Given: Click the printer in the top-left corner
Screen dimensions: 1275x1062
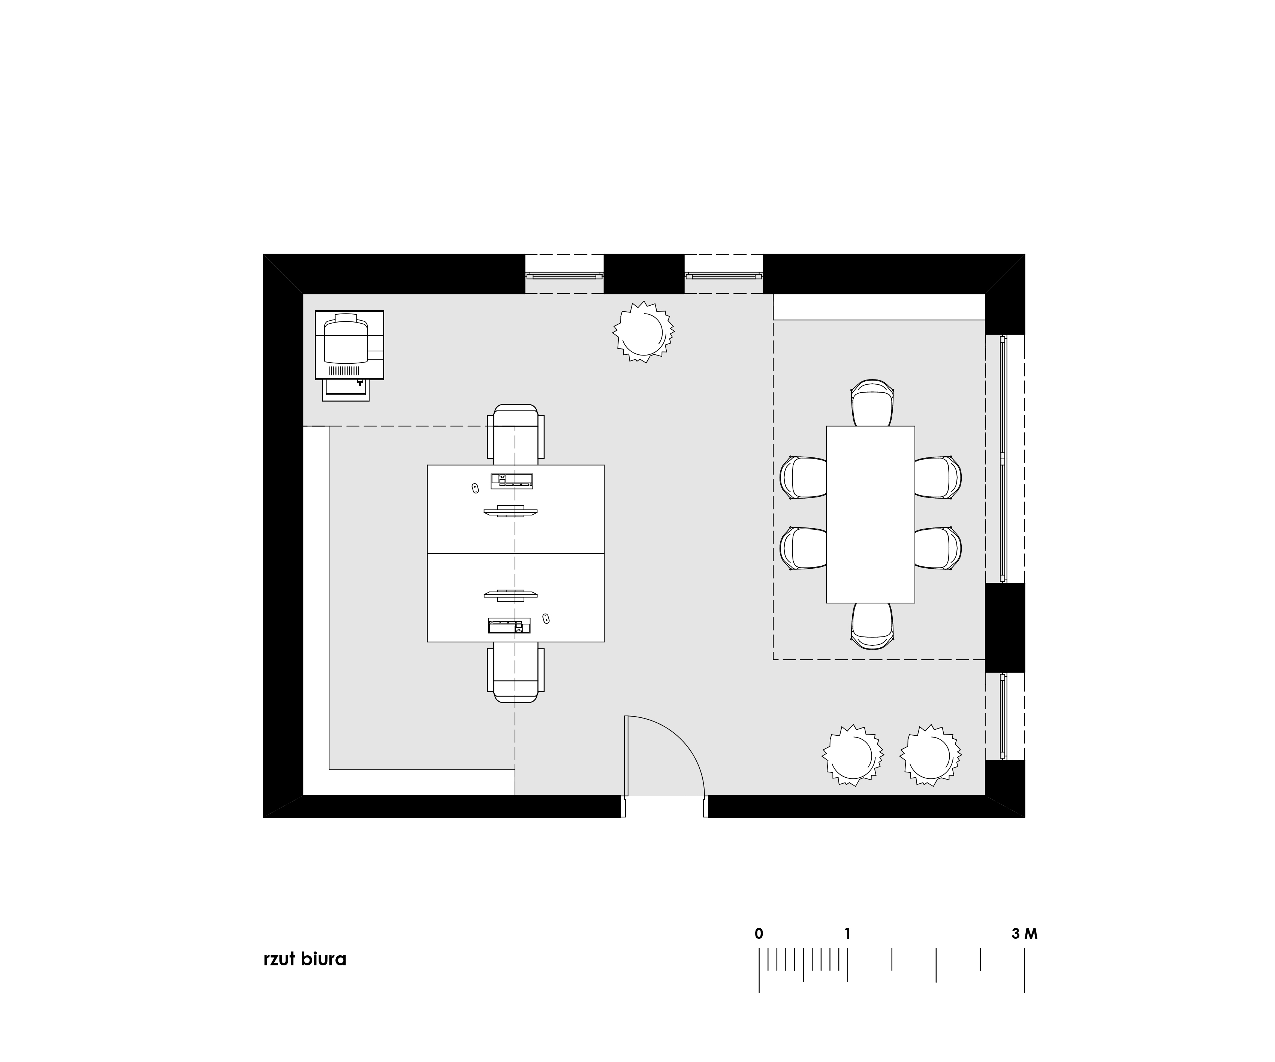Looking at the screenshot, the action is pyautogui.click(x=349, y=355).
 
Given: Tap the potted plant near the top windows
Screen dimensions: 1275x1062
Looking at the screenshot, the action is pyautogui.click(x=643, y=333).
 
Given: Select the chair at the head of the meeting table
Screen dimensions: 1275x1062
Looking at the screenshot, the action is pyautogui.click(x=872, y=403).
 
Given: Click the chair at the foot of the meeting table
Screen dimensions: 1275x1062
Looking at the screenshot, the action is pyautogui.click(x=872, y=626).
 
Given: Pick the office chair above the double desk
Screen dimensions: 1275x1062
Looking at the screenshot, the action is pyautogui.click(x=515, y=434).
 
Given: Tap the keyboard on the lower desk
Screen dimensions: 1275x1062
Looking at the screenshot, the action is pyautogui.click(x=509, y=625).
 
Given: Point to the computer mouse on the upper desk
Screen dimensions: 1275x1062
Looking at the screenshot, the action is pyautogui.click(x=475, y=487).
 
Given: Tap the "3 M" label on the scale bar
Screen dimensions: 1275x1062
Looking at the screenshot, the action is pyautogui.click(x=1025, y=934).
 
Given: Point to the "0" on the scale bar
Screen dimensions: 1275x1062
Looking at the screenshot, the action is pyautogui.click(x=759, y=934).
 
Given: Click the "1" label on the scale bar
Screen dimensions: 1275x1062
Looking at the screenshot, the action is pyautogui.click(x=848, y=934).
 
